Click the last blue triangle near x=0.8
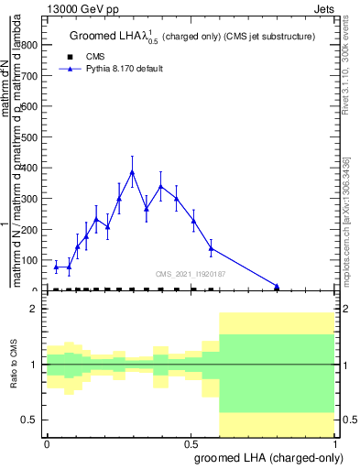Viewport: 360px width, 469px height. (x=277, y=286)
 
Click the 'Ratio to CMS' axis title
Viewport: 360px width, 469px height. (x=14, y=365)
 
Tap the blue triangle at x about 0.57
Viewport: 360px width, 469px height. (x=211, y=248)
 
